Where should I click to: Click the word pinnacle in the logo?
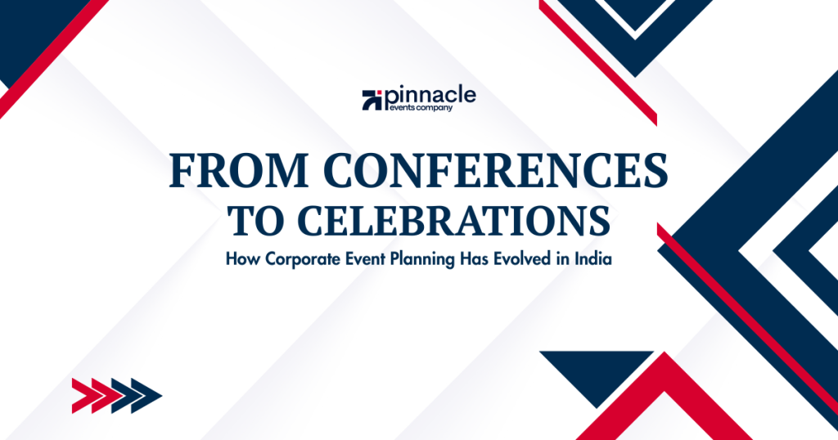(x=430, y=95)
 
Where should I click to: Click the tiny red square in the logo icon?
(x=366, y=94)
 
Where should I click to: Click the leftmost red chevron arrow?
(x=82, y=396)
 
